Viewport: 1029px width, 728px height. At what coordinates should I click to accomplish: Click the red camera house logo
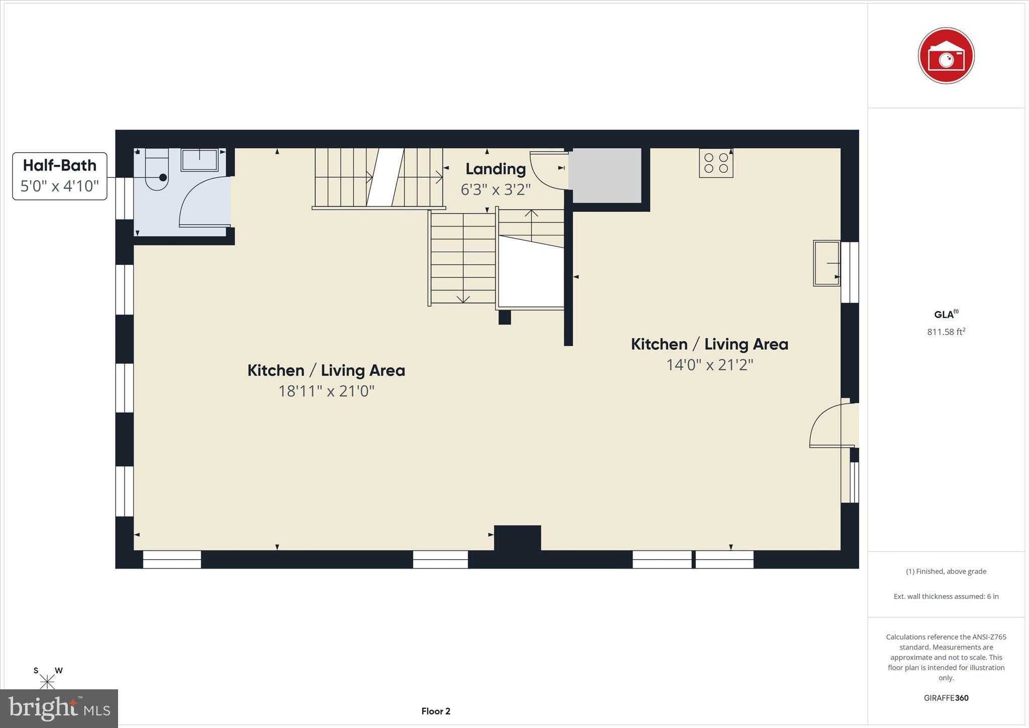point(946,56)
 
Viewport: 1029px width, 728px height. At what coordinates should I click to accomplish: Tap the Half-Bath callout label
point(60,176)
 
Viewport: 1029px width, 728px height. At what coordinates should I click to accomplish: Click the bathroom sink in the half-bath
point(199,159)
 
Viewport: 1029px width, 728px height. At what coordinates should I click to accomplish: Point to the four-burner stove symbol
point(716,163)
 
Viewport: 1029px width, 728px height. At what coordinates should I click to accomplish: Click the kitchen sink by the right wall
point(826,263)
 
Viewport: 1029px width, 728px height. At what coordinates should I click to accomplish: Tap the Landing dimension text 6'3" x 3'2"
point(495,189)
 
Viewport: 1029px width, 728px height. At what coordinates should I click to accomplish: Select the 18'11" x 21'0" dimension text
point(327,391)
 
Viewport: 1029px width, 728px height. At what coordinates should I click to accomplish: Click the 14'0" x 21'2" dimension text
point(709,365)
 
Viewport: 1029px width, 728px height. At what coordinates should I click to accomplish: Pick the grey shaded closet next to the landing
point(607,175)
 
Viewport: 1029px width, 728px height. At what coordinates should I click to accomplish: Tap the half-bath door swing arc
point(201,201)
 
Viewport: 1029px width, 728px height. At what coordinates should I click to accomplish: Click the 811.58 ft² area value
point(946,332)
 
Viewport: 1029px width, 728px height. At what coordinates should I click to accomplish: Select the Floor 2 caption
point(436,711)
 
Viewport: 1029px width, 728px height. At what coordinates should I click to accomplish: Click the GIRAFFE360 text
point(946,698)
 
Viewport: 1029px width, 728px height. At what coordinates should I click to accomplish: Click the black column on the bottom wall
point(517,538)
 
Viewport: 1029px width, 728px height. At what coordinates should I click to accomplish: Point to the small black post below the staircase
point(504,317)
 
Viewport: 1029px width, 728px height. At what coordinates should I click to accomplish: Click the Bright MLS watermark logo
point(59,708)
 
